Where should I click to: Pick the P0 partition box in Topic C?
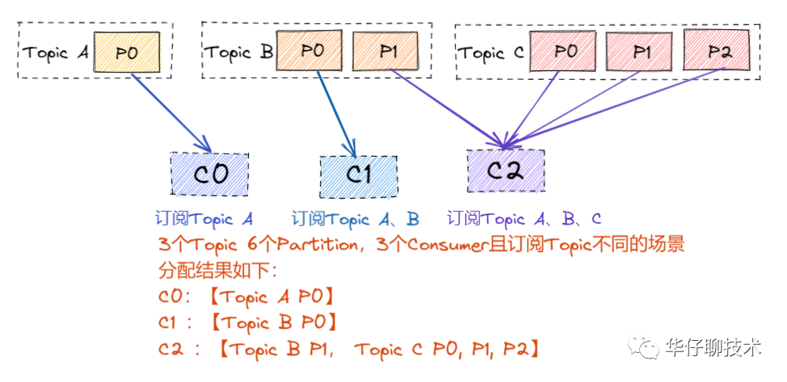[562, 52]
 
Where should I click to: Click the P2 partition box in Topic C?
[718, 52]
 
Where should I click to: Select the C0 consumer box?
[209, 174]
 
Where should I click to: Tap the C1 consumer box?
[358, 174]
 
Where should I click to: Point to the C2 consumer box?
[506, 170]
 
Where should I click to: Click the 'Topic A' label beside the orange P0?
[56, 53]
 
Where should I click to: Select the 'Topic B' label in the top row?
[238, 53]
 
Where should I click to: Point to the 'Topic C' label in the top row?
[492, 54]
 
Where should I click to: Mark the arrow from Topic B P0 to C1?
[335, 112]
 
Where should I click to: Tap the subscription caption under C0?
[204, 219]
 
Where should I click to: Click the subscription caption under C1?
[355, 219]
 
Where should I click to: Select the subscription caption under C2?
[524, 219]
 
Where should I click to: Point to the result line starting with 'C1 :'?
[246, 323]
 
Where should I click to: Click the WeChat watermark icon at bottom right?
[647, 348]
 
